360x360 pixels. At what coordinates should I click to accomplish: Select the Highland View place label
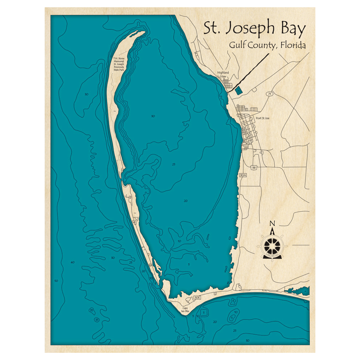point(223,74)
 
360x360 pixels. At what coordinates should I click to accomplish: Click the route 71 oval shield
point(269,94)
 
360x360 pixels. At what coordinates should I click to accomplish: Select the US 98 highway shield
point(254,168)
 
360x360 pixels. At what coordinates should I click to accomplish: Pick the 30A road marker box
point(243,176)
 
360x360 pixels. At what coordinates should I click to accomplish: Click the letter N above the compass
point(273,223)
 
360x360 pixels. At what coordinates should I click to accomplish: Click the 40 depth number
point(72,262)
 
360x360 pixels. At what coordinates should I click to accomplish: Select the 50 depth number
point(56,280)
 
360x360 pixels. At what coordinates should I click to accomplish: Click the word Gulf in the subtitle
point(237,46)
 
